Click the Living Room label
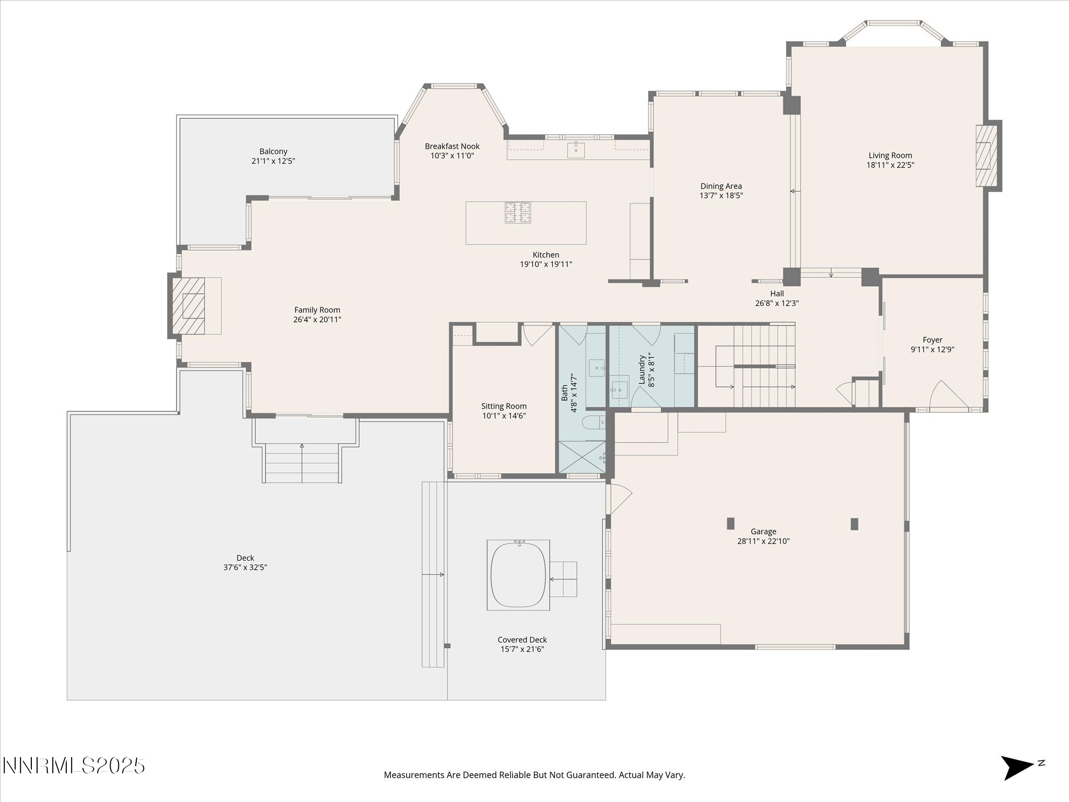(890, 156)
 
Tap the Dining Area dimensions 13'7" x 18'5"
(721, 196)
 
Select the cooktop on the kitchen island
(517, 213)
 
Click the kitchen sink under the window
(576, 149)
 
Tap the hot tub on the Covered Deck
(518, 575)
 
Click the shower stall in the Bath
(583, 457)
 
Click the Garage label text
(763, 532)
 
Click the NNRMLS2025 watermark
(74, 766)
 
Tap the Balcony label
(274, 152)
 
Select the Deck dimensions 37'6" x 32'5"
(245, 568)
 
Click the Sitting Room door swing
(538, 335)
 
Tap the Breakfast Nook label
(452, 147)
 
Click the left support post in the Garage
(731, 523)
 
